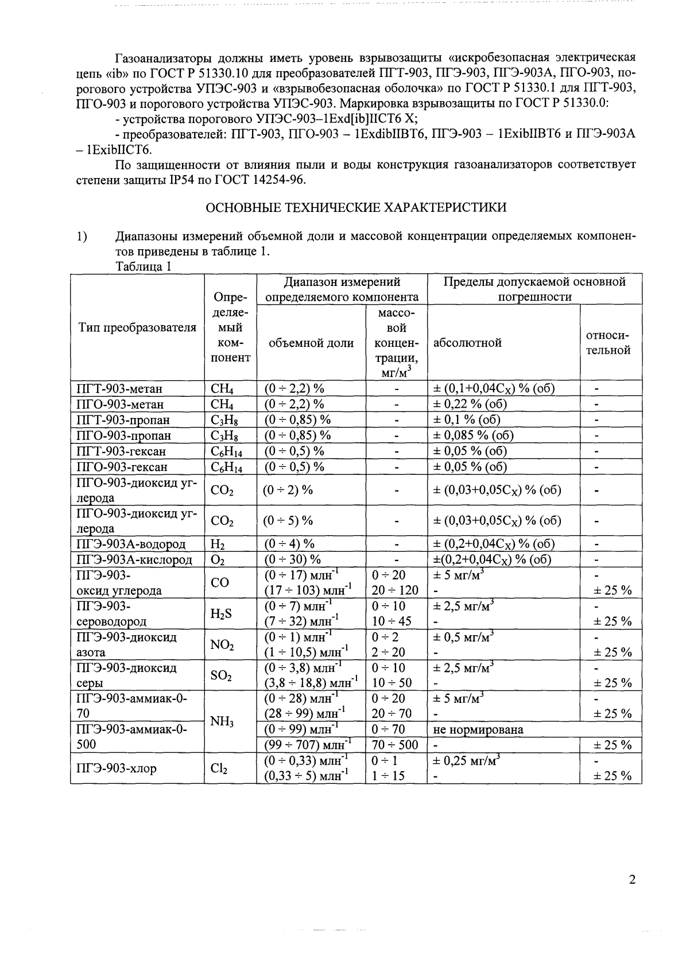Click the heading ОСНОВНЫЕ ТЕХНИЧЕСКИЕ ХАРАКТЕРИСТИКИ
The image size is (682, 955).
pos(356,208)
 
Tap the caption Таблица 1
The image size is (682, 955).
pos(144,266)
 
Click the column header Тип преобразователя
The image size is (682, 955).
pos(137,328)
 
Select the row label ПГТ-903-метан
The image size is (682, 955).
pos(119,389)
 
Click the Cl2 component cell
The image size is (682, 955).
pos(219,769)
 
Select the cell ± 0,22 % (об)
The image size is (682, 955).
pos(469,404)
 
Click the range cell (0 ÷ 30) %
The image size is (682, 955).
pos(292,559)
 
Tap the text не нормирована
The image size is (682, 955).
pos(478,730)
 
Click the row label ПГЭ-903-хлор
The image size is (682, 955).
pos(117,769)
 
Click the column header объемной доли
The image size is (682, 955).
pos(311,343)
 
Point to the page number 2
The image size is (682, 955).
pos(632,880)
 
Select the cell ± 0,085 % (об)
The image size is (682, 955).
pos(472,435)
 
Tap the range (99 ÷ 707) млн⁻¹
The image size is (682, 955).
pos(308,745)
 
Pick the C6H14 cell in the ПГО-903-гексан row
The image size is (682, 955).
pos(227,467)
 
